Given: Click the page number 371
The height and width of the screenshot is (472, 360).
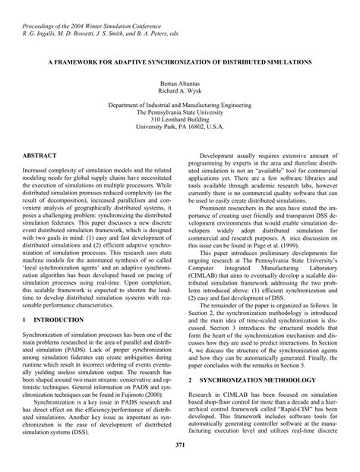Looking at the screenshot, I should [180, 444].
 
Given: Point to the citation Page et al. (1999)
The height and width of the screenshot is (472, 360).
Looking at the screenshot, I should [272, 244].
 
